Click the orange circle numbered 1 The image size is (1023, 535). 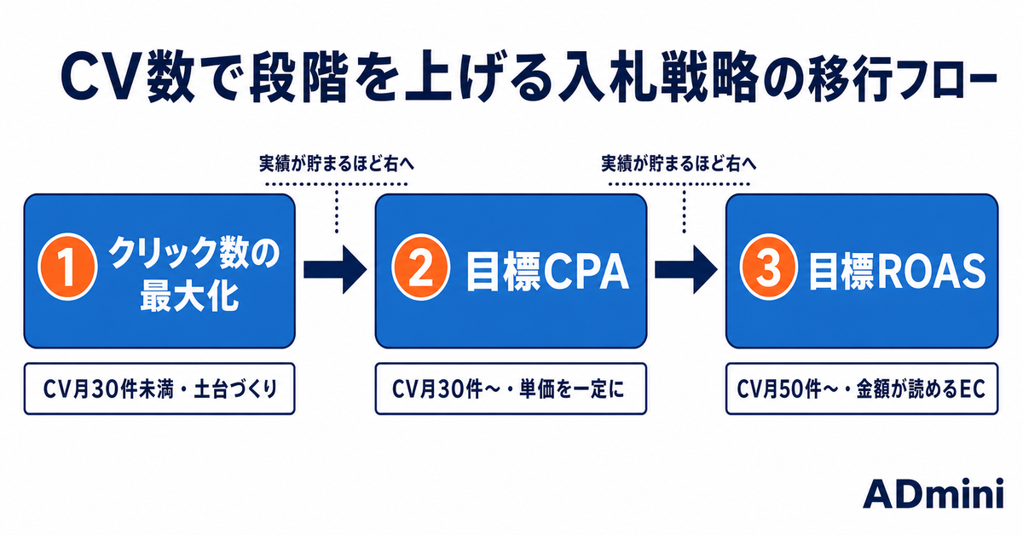67,267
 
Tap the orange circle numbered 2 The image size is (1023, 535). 420,267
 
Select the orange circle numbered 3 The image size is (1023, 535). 769,267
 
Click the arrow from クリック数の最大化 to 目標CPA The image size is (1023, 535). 335,270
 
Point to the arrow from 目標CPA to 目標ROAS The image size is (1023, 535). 686,270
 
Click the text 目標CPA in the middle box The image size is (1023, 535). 547,273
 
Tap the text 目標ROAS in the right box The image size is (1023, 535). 897,273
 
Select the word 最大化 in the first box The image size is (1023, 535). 189,296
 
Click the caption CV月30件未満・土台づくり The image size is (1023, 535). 160,389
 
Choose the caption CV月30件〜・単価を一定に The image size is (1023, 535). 508,389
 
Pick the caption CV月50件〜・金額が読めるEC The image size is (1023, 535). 861,389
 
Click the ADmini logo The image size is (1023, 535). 933,494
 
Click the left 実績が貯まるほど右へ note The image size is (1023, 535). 337,164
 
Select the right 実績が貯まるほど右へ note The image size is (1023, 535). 679,164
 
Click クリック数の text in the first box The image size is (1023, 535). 194,252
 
